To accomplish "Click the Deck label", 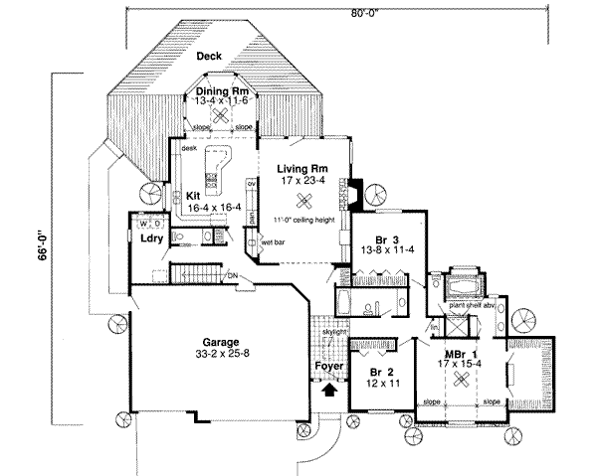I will coord(208,57).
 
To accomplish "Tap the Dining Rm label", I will coord(218,88).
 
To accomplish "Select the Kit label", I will coord(193,196).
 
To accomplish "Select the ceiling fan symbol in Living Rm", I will coord(308,196).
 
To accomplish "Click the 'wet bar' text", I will coord(275,241).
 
